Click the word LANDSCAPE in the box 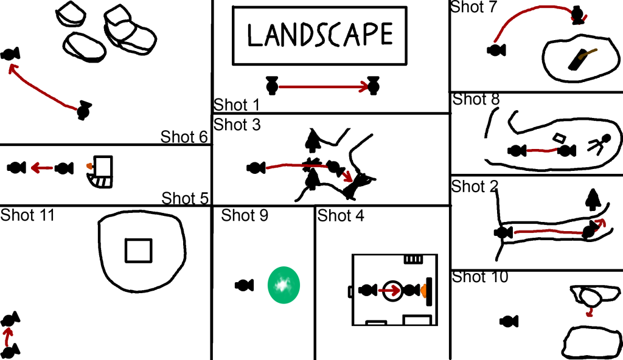[x=320, y=35]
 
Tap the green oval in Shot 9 [x=284, y=285]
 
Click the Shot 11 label [x=28, y=215]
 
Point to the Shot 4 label [x=341, y=215]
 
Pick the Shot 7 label [x=474, y=7]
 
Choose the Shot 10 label [x=481, y=277]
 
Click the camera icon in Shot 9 [x=244, y=285]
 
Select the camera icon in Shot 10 [x=509, y=321]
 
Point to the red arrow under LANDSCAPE [x=323, y=87]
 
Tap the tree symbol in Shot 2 [x=591, y=199]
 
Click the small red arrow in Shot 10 [x=589, y=312]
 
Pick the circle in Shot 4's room [x=392, y=291]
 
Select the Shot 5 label [x=186, y=198]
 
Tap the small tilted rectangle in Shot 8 [x=557, y=138]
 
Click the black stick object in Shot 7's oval [x=578, y=58]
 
